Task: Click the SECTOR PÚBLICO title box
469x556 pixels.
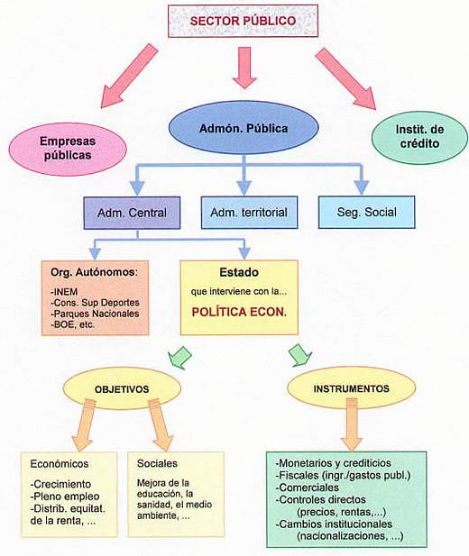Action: coord(243,21)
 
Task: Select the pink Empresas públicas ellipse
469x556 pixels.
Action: coord(68,149)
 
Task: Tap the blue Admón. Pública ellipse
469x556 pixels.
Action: coord(244,128)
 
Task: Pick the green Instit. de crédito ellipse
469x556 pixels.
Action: coord(419,137)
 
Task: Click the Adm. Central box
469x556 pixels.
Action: coord(132,213)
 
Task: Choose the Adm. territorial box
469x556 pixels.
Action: coord(249,213)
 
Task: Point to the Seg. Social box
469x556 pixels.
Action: coord(366,212)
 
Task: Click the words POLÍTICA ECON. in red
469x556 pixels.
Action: coord(239,312)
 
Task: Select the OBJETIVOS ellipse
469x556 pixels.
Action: coord(122,389)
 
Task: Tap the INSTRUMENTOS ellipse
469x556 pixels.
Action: coord(351,388)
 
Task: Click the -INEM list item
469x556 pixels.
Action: coord(64,292)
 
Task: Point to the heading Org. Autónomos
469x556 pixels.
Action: coord(94,272)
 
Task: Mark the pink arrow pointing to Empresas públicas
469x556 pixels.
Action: coord(129,76)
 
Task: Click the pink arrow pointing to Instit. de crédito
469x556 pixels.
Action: coord(345,78)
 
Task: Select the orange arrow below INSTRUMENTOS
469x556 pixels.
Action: coord(352,424)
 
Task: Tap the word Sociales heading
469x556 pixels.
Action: coord(157,463)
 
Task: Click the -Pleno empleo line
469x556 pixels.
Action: coord(65,497)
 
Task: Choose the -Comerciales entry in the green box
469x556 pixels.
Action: coord(307,488)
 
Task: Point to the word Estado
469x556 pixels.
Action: coord(239,272)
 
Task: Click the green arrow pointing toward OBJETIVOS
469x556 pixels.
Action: coord(180,357)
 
